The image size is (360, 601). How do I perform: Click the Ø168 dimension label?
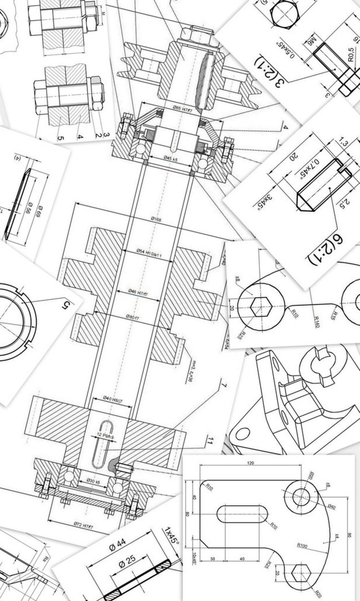point(156,220)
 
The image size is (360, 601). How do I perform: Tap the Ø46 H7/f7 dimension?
point(141,291)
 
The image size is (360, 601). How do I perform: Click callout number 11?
point(209,441)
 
